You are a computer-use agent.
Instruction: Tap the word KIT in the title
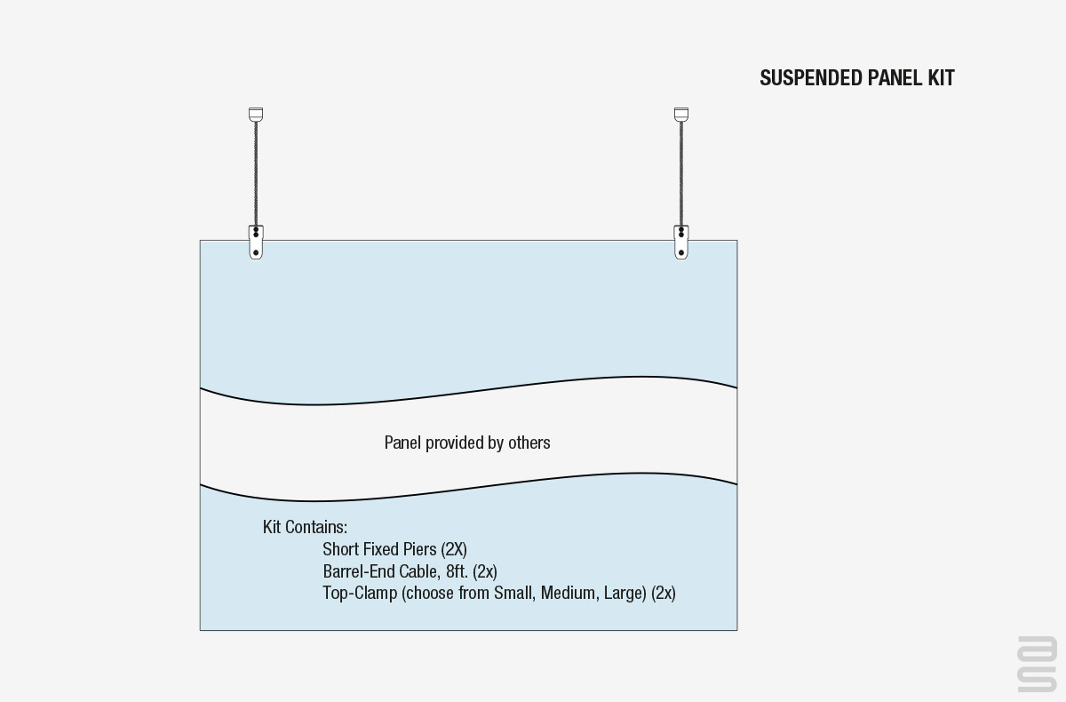tap(941, 78)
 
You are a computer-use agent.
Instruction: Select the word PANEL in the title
tap(895, 78)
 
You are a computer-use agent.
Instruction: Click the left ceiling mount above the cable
tap(256, 115)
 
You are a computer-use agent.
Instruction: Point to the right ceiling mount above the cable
tap(681, 115)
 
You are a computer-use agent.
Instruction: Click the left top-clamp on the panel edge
tap(256, 243)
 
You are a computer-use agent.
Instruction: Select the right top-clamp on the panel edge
tap(681, 243)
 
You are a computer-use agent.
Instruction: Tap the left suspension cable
tap(256, 173)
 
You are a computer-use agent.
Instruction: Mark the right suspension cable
tap(681, 173)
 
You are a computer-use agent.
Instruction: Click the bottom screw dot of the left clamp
tap(256, 252)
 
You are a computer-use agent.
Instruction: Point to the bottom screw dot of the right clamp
tap(681, 252)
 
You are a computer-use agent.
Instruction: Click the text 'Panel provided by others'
tap(467, 443)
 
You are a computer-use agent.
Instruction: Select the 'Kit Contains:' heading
tap(305, 527)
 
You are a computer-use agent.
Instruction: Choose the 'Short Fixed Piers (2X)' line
tap(394, 550)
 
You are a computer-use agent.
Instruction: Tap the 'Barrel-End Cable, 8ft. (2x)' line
tap(410, 571)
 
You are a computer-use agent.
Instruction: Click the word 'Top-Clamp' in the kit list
tap(360, 594)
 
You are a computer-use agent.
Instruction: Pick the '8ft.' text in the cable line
tap(457, 571)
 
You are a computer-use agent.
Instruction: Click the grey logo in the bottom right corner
tap(1038, 664)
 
